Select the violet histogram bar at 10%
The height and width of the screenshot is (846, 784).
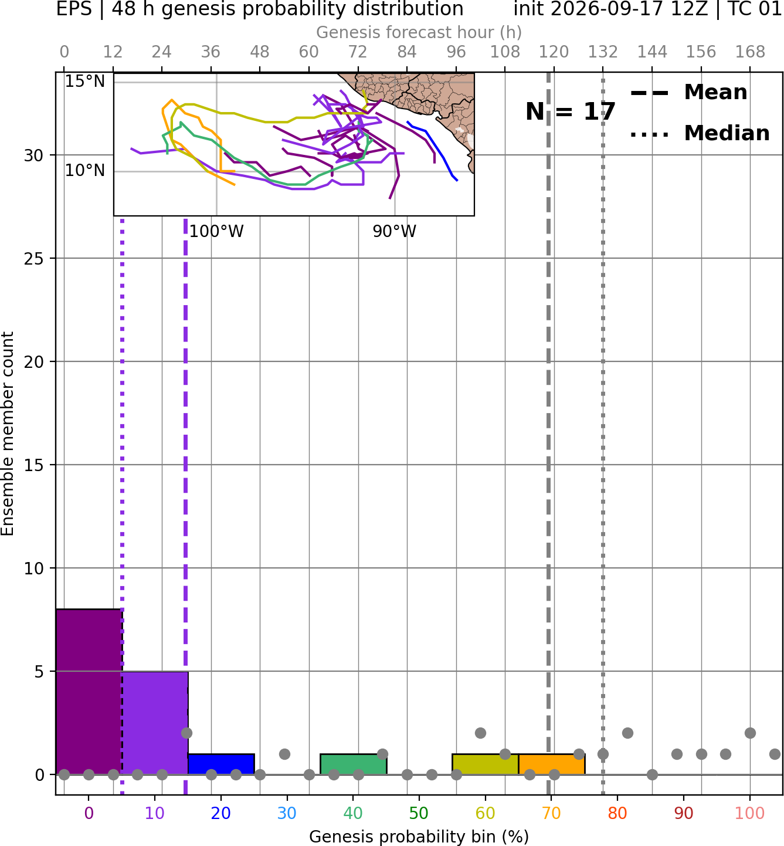pos(155,723)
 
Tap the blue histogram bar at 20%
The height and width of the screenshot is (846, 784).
pos(221,764)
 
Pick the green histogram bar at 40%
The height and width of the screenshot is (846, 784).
pos(354,764)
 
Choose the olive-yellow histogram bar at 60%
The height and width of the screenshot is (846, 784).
pos(486,764)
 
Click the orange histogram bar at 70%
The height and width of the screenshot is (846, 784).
pos(551,764)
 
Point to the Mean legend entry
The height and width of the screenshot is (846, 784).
pos(688,93)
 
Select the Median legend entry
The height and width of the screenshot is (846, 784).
pos(700,133)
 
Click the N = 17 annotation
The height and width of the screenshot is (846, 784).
pos(570,111)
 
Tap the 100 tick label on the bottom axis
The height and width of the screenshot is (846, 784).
pos(750,813)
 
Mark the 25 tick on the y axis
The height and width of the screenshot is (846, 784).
pos(34,259)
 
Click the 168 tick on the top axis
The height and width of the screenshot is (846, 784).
pos(750,52)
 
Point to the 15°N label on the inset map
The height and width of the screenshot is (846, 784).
pos(85,81)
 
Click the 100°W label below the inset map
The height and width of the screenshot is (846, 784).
pos(216,231)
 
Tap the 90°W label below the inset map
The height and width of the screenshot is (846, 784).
pos(394,231)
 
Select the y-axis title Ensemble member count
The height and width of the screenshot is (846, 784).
pos(7,434)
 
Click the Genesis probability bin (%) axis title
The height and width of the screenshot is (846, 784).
pos(419,837)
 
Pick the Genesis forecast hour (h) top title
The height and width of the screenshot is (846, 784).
pos(419,32)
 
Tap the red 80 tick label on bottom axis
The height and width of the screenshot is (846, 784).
pos(617,813)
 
